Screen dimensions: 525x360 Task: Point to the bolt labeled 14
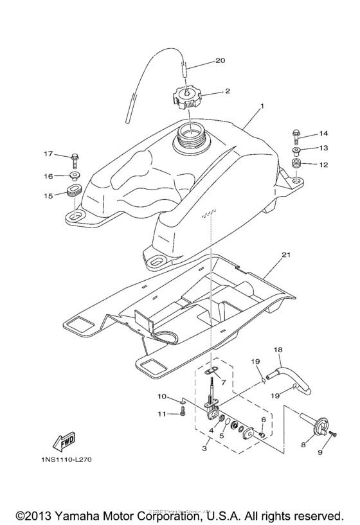click(x=295, y=135)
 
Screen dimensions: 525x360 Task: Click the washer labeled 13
click(x=296, y=151)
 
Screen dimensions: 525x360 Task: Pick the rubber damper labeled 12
click(x=296, y=166)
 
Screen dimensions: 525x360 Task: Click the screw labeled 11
click(x=181, y=414)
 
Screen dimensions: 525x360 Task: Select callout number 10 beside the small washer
click(x=163, y=396)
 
